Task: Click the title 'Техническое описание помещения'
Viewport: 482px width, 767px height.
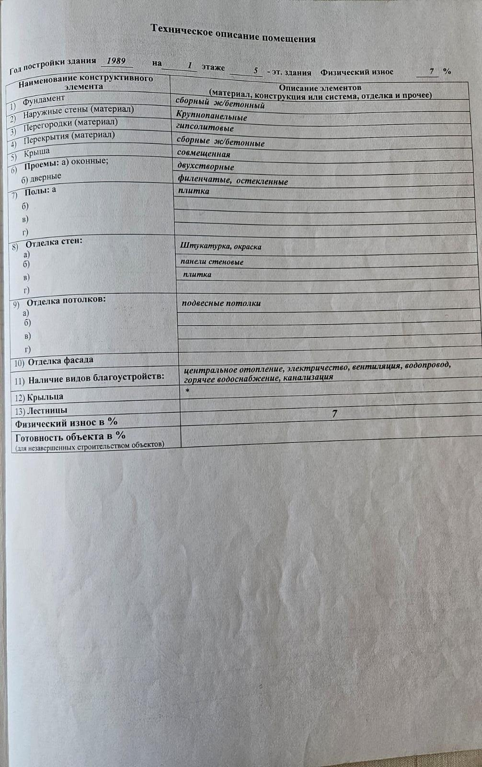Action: click(233, 33)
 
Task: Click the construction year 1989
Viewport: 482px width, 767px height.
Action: click(116, 61)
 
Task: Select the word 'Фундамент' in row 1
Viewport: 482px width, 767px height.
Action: click(44, 100)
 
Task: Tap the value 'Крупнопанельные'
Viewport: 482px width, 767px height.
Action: click(211, 116)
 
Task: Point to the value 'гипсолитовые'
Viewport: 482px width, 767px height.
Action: click(205, 128)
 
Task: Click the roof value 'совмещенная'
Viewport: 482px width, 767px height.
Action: click(204, 154)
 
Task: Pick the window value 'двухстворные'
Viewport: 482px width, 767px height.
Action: click(206, 167)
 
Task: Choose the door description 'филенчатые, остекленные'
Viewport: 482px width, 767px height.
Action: click(233, 181)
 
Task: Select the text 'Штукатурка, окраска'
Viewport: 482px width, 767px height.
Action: click(221, 246)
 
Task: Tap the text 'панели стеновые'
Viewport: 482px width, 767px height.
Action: click(212, 262)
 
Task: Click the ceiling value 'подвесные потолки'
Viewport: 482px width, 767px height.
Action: click(221, 303)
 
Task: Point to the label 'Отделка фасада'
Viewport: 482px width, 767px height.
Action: click(60, 361)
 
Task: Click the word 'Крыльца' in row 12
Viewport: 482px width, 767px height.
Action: click(45, 397)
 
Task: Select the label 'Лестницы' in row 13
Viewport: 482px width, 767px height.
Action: click(47, 410)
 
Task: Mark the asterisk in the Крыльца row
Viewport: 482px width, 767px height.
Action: click(187, 391)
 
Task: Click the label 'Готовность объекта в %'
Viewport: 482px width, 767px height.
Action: click(70, 437)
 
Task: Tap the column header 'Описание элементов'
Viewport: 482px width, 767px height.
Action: click(320, 88)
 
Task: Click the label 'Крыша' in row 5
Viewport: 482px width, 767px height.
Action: click(36, 153)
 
